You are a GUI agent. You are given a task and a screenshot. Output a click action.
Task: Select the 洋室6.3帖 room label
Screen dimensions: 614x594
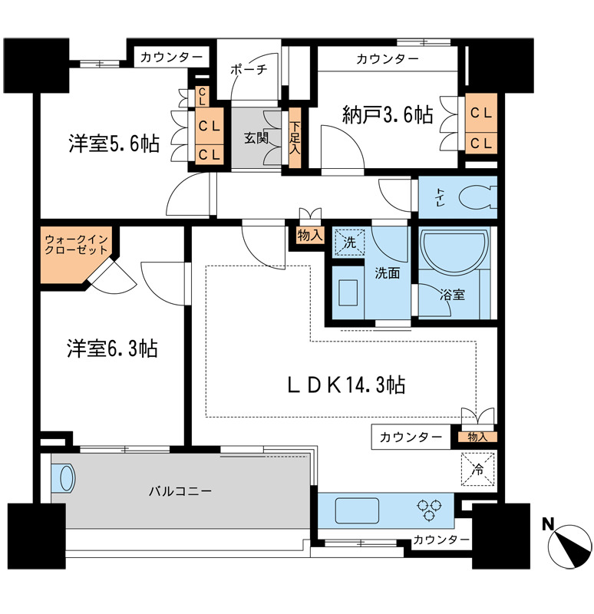coord(112,349)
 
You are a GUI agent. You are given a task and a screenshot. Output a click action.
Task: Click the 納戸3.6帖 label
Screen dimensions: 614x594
coord(387,116)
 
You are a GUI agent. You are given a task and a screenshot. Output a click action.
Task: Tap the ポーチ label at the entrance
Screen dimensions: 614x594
coord(249,70)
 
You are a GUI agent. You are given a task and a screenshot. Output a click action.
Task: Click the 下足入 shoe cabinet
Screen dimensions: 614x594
coord(295,139)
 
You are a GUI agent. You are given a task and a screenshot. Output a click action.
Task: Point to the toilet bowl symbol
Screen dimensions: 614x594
coord(477,197)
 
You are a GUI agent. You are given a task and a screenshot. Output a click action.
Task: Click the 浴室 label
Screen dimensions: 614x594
coord(450,293)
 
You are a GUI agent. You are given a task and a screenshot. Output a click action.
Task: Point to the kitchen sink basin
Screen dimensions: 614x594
coord(358,509)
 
